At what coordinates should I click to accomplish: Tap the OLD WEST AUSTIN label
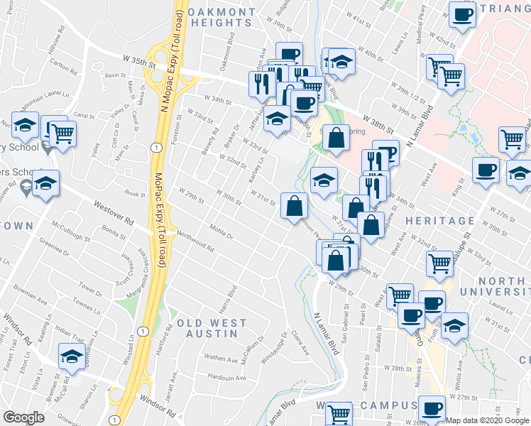click(x=212, y=329)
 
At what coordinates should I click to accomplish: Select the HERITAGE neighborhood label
click(x=434, y=222)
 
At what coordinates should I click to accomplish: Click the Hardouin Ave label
click(x=226, y=378)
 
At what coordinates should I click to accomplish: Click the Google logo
click(x=24, y=417)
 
